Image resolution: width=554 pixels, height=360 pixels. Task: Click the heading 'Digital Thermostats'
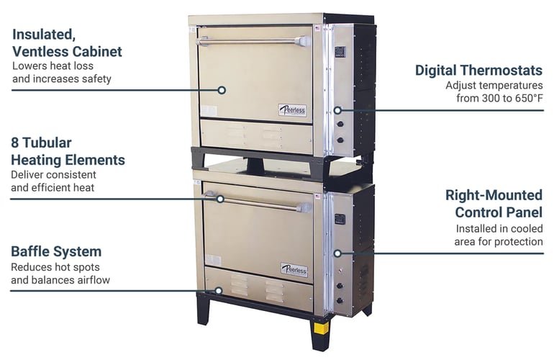point(478,70)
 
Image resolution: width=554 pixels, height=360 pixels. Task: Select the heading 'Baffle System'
point(56,251)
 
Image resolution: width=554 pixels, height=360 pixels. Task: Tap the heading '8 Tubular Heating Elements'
point(68,151)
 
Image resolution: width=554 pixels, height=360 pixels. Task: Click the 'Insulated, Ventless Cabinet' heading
point(67,42)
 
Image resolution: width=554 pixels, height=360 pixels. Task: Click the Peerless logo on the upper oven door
point(292,110)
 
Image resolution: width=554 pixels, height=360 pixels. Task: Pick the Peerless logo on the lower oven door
point(294,270)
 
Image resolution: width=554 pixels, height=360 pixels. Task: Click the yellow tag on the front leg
point(320,328)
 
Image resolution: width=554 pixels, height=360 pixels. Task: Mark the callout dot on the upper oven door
point(222,90)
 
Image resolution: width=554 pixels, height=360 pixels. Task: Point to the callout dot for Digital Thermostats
point(338,111)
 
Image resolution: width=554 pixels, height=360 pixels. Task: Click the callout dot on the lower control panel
point(337,253)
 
